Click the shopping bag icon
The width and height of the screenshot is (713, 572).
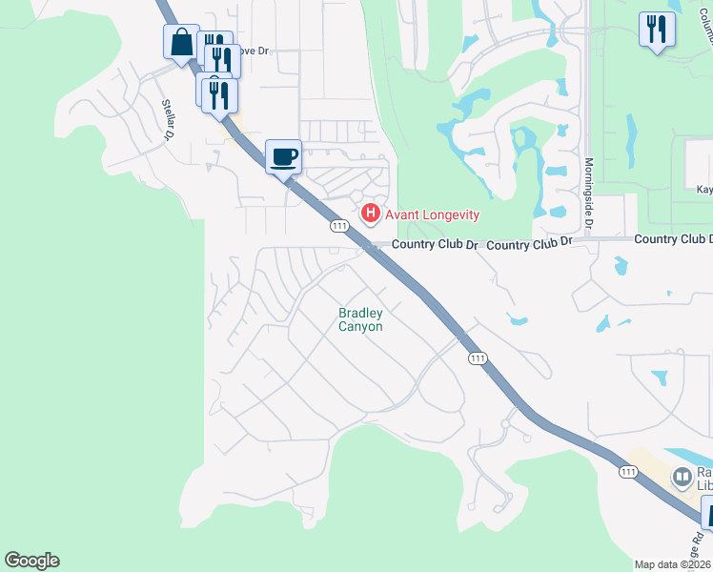click(x=181, y=43)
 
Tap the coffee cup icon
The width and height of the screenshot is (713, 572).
click(x=283, y=156)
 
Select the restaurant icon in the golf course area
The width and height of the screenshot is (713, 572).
click(x=657, y=29)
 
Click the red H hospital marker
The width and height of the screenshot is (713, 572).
click(x=371, y=214)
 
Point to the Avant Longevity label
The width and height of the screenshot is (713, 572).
click(x=432, y=215)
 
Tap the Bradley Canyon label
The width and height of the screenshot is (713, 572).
click(x=361, y=319)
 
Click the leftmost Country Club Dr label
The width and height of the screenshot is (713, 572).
click(x=435, y=244)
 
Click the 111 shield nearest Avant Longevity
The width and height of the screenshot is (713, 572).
click(x=338, y=226)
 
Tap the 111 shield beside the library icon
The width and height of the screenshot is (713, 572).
click(x=628, y=472)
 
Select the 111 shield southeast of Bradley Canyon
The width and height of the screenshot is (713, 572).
click(x=478, y=358)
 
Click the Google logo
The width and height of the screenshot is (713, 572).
click(x=31, y=561)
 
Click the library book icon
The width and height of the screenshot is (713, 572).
click(x=682, y=476)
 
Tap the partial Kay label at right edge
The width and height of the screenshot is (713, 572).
click(x=704, y=190)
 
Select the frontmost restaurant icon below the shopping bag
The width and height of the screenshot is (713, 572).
click(x=220, y=96)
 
